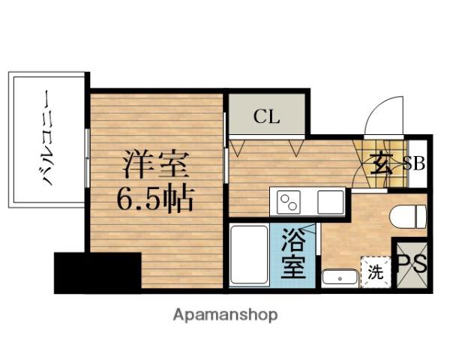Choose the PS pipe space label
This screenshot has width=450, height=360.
(412, 263)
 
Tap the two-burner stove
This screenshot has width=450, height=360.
(289, 202)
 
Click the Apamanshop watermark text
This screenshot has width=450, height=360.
(225, 314)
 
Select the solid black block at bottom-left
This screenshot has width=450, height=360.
(97, 271)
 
